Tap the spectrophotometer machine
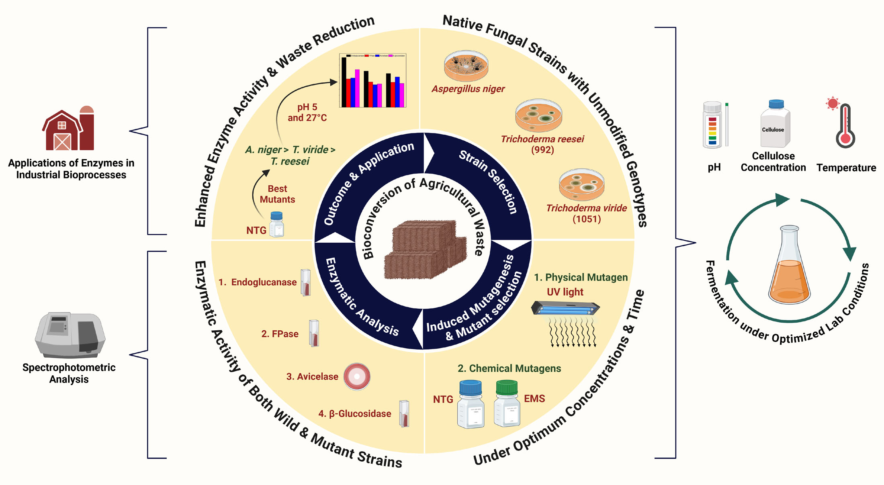coord(70,334)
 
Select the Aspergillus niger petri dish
coord(466,66)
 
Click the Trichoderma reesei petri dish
coord(538,115)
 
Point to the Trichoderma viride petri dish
coord(581,184)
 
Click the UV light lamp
coord(565,309)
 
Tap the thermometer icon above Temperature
coord(845,125)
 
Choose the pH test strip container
coord(712,125)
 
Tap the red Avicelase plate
coord(357,377)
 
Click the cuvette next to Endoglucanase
coord(306,282)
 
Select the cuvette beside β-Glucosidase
coord(404,413)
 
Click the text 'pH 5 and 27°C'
coord(307,113)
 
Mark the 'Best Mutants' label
coord(277,194)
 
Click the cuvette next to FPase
coord(314,333)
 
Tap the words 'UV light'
coord(565,292)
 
